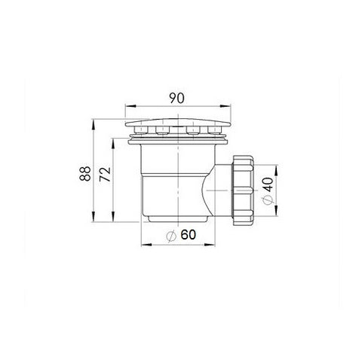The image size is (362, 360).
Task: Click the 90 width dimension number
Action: coord(176,98)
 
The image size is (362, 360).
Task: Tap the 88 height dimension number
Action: coord(85,173)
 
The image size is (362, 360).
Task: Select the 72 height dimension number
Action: coord(105,174)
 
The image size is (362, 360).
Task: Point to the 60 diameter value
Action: coord(188,235)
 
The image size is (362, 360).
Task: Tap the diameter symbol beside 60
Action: coord(171,236)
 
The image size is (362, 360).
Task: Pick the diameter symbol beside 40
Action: coord(268,200)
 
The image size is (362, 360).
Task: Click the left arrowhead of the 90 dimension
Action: coord(130,106)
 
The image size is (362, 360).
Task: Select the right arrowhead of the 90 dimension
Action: coord(225,106)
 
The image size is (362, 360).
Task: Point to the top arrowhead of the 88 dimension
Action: coord(94,125)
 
